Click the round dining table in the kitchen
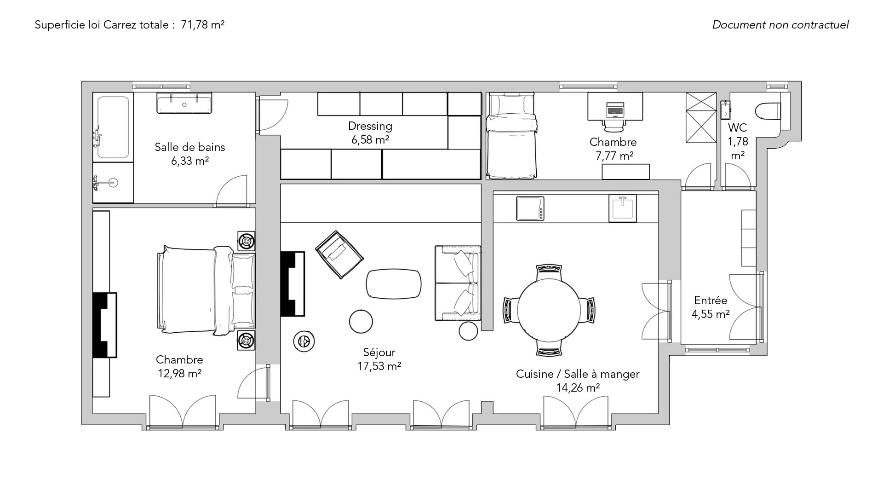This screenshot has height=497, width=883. point(549,310)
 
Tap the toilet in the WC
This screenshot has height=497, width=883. point(768,110)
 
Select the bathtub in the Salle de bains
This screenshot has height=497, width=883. point(113,127)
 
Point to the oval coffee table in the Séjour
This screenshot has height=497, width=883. point(394,283)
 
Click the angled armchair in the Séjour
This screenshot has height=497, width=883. point(339,254)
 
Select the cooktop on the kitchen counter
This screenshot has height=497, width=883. point(530,208)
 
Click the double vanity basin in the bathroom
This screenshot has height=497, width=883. point(184,103)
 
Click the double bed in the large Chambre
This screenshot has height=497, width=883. point(206,290)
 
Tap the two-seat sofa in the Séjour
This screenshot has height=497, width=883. point(458,283)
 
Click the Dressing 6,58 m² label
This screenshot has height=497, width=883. point(370,133)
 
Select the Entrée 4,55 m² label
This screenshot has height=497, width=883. point(711,307)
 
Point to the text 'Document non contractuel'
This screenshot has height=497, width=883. point(780,25)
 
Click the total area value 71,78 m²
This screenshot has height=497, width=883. point(203,25)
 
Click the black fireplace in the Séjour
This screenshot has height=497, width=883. point(293,283)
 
